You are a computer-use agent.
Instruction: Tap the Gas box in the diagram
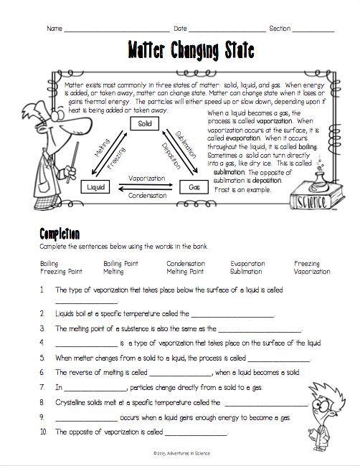(194, 186)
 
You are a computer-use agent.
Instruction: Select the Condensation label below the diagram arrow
(146, 195)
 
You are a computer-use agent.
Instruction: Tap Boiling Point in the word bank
(120, 264)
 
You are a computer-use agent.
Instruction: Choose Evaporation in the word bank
(247, 264)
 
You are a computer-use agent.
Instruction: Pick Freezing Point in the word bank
(62, 272)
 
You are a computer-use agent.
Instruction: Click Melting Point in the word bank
(185, 272)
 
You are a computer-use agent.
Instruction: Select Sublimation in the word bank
(246, 272)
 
